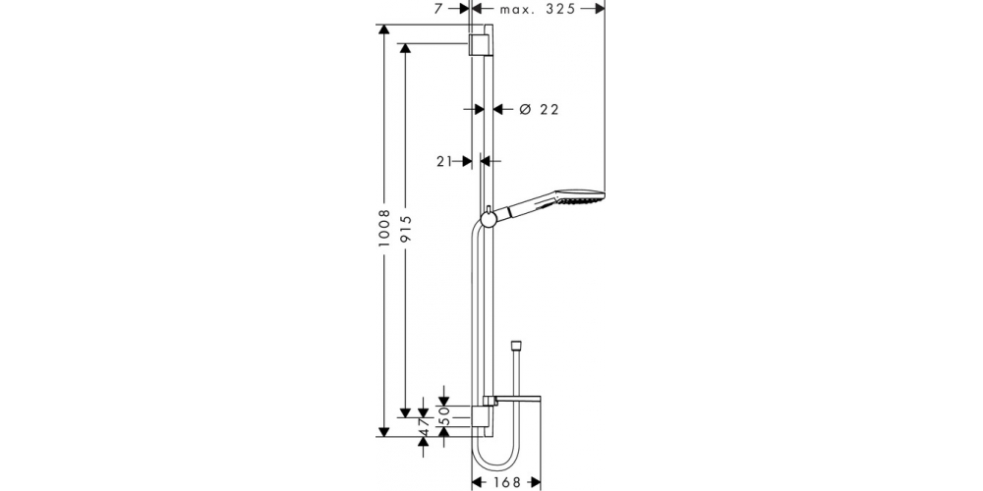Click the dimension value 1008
tap(384, 228)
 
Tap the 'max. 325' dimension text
tap(538, 9)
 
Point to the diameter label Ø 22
tap(539, 110)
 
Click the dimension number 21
tap(444, 162)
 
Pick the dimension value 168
tap(506, 482)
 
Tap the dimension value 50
tap(444, 414)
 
